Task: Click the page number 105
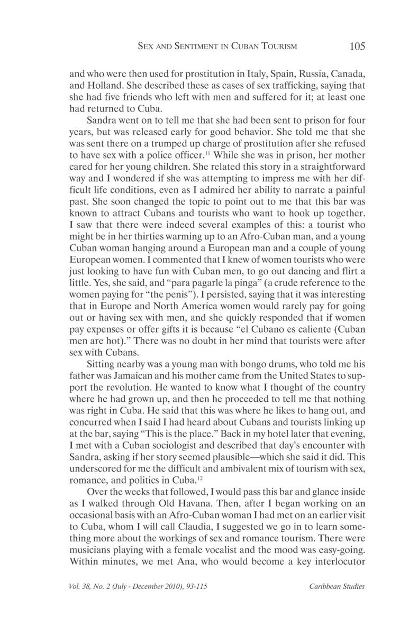pyautogui.click(x=357, y=46)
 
